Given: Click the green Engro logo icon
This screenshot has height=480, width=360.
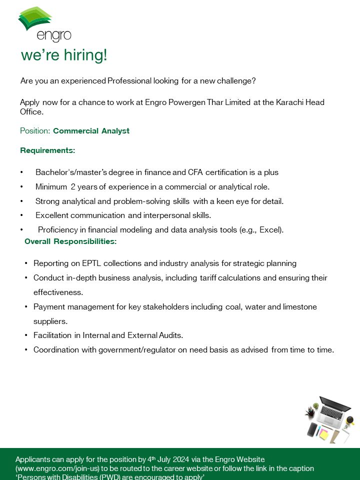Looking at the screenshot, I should pyautogui.click(x=34, y=18).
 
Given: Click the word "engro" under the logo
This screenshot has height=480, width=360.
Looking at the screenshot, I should pyautogui.click(x=54, y=35).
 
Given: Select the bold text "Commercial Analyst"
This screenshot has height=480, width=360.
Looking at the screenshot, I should pyautogui.click(x=91, y=131).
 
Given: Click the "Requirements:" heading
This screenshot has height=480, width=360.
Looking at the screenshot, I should pyautogui.click(x=47, y=150).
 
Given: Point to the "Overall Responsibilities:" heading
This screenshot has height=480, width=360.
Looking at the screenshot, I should pyautogui.click(x=70, y=241).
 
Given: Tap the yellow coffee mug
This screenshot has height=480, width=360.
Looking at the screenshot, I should pyautogui.click(x=350, y=420).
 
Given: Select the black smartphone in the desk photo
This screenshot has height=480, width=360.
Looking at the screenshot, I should pyautogui.click(x=312, y=429).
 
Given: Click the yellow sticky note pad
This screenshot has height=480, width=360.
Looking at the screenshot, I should pyautogui.click(x=324, y=434).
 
